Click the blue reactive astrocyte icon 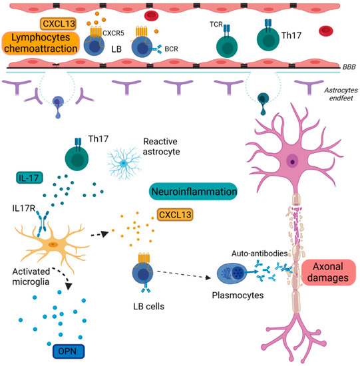126,161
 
